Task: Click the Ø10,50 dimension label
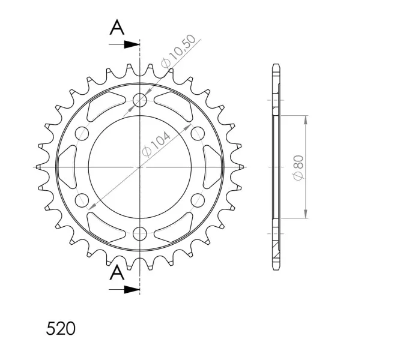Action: click(178, 51)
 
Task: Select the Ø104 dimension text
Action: click(156, 144)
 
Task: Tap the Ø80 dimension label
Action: click(298, 167)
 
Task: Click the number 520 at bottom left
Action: click(61, 329)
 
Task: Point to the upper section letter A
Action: click(117, 27)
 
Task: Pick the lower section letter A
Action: click(117, 272)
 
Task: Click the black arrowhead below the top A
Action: click(132, 44)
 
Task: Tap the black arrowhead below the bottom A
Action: click(132, 290)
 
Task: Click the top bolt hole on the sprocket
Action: click(140, 100)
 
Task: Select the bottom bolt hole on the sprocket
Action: click(140, 234)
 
